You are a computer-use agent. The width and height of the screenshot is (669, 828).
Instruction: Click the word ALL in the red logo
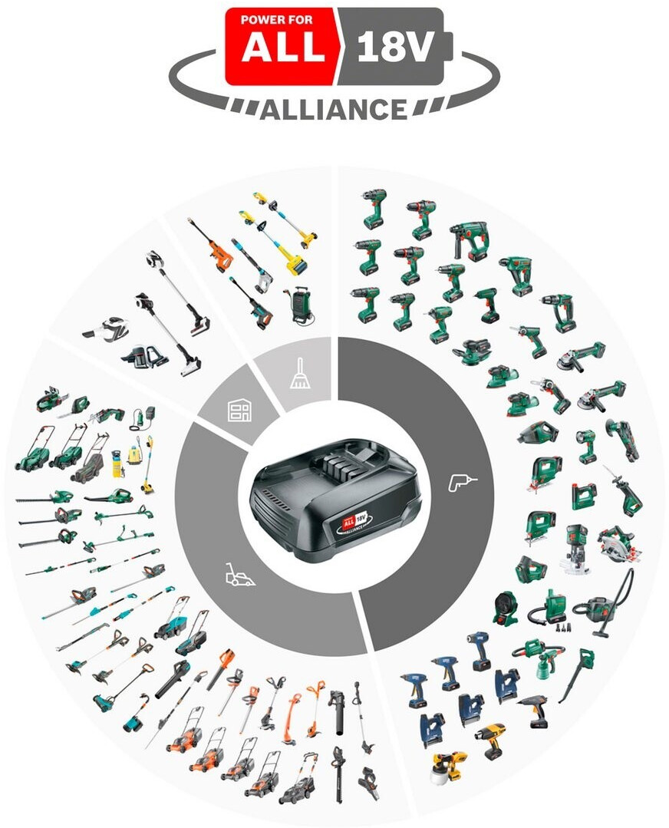click(x=283, y=47)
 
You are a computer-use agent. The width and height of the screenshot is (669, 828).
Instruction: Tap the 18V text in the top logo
click(x=395, y=47)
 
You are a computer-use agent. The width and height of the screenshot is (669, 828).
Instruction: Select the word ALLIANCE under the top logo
click(x=333, y=109)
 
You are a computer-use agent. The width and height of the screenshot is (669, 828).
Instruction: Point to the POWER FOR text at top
click(x=276, y=20)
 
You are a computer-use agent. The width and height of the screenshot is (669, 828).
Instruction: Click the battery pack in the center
click(x=336, y=500)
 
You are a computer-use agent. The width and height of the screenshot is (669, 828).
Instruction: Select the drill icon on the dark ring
click(x=462, y=482)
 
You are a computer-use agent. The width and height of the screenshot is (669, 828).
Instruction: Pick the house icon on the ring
click(x=239, y=410)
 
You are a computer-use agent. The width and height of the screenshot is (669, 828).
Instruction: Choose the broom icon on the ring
click(x=300, y=374)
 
